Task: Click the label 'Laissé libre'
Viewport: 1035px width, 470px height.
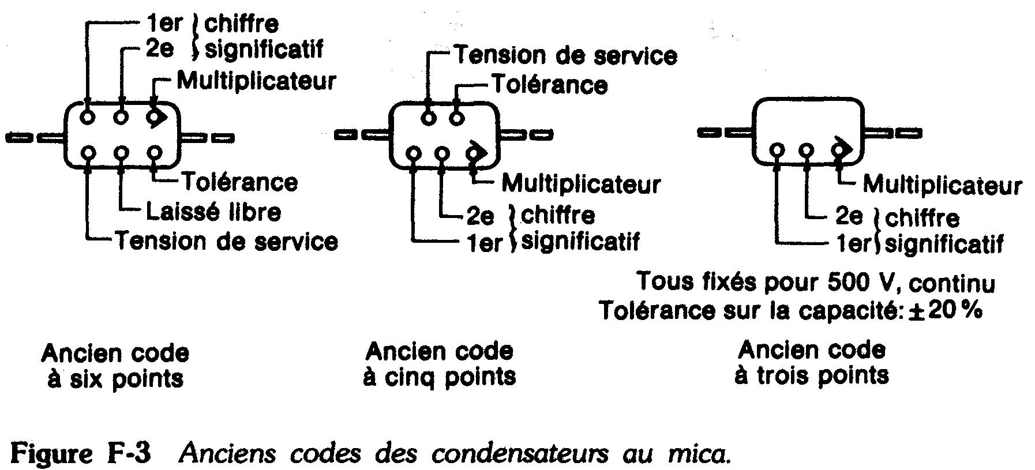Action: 213,212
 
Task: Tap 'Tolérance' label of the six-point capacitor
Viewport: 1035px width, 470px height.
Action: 239,182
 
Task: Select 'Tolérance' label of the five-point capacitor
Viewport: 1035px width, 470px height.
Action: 549,85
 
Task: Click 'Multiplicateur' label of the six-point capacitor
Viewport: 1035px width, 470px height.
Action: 256,81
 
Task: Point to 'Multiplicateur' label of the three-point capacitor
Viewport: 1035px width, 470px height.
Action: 942,185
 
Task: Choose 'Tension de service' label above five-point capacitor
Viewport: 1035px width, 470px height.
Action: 565,55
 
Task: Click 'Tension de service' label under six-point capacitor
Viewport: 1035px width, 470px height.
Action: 227,241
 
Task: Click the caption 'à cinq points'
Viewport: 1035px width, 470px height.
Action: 439,377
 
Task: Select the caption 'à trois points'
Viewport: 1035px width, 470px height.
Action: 811,375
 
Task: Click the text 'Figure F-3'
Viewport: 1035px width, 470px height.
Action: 81,454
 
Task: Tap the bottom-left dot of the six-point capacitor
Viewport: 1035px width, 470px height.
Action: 88,153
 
